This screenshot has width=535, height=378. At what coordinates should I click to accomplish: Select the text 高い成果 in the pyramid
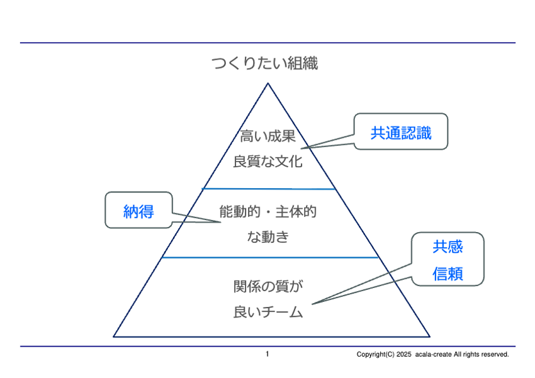tap(267, 136)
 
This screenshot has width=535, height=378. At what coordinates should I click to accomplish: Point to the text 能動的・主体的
tap(267, 212)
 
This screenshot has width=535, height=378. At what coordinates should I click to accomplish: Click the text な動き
tap(267, 237)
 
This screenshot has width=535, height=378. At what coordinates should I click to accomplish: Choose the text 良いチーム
tap(267, 311)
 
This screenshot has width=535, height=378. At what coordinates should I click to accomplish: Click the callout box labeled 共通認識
tap(401, 131)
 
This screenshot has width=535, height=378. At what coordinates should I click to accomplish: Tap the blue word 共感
tap(448, 247)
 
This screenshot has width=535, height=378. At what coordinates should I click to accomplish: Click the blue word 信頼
tap(448, 274)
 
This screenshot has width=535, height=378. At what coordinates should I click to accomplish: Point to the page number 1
tap(267, 355)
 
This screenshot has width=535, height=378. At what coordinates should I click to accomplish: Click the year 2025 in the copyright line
tap(403, 355)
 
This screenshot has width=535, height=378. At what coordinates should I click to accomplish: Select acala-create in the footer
tap(434, 355)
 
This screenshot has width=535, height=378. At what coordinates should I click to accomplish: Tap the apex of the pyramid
tap(268, 83)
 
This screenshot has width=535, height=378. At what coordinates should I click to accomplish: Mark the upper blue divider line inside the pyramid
tap(268, 188)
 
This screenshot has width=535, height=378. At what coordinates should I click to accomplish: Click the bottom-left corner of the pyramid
tap(115, 336)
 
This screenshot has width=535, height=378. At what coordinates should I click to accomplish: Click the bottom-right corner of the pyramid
tap(429, 336)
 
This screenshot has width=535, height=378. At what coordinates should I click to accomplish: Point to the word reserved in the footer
tap(494, 355)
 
